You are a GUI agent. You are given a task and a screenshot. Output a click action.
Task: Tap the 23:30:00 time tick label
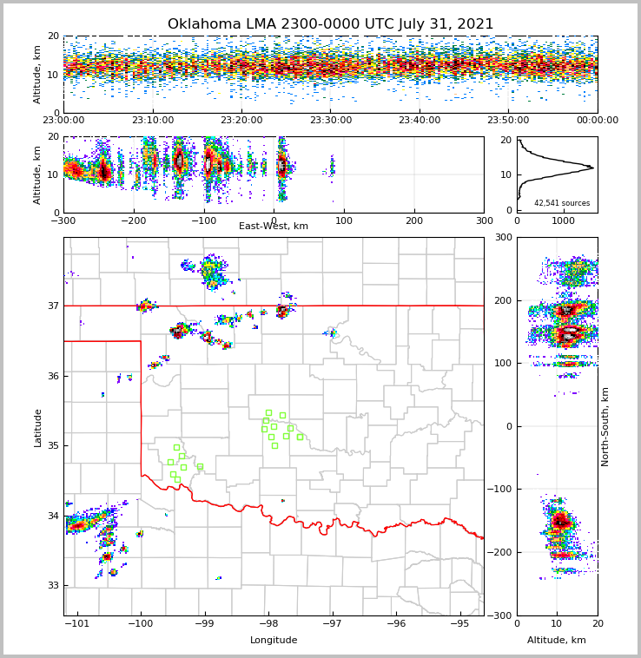(x=330, y=121)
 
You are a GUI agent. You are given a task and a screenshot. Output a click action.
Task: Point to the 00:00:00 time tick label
(x=597, y=121)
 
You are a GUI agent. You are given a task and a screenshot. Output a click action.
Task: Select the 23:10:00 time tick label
(x=152, y=121)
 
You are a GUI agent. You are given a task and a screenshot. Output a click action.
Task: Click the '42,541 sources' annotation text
(x=562, y=203)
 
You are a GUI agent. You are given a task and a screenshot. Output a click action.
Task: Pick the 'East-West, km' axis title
(x=274, y=227)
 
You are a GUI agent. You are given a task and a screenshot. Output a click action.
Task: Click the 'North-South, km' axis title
(x=605, y=426)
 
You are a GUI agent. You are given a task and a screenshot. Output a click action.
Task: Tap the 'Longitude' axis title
(x=274, y=641)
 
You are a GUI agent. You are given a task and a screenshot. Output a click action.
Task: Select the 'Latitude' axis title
(x=37, y=427)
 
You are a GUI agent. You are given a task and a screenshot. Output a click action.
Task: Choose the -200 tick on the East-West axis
(x=133, y=220)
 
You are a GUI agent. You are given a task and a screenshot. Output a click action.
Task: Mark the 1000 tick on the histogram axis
(x=564, y=220)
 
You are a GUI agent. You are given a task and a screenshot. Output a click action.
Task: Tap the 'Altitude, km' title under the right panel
(x=557, y=641)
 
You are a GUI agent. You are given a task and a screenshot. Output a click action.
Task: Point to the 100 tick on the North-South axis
(x=502, y=363)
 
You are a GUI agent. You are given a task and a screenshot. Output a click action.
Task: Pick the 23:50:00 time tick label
(x=508, y=121)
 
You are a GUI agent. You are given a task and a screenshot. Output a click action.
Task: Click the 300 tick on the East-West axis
(x=484, y=220)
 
